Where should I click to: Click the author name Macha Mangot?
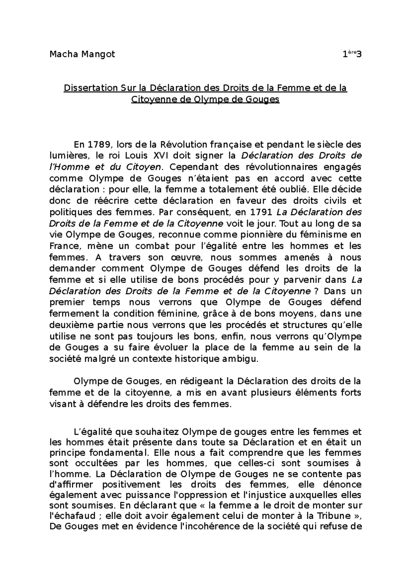pos(82,54)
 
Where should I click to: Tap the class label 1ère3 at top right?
pos(352,54)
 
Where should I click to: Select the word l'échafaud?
pos(72,516)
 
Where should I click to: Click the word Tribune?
pos(334,516)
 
